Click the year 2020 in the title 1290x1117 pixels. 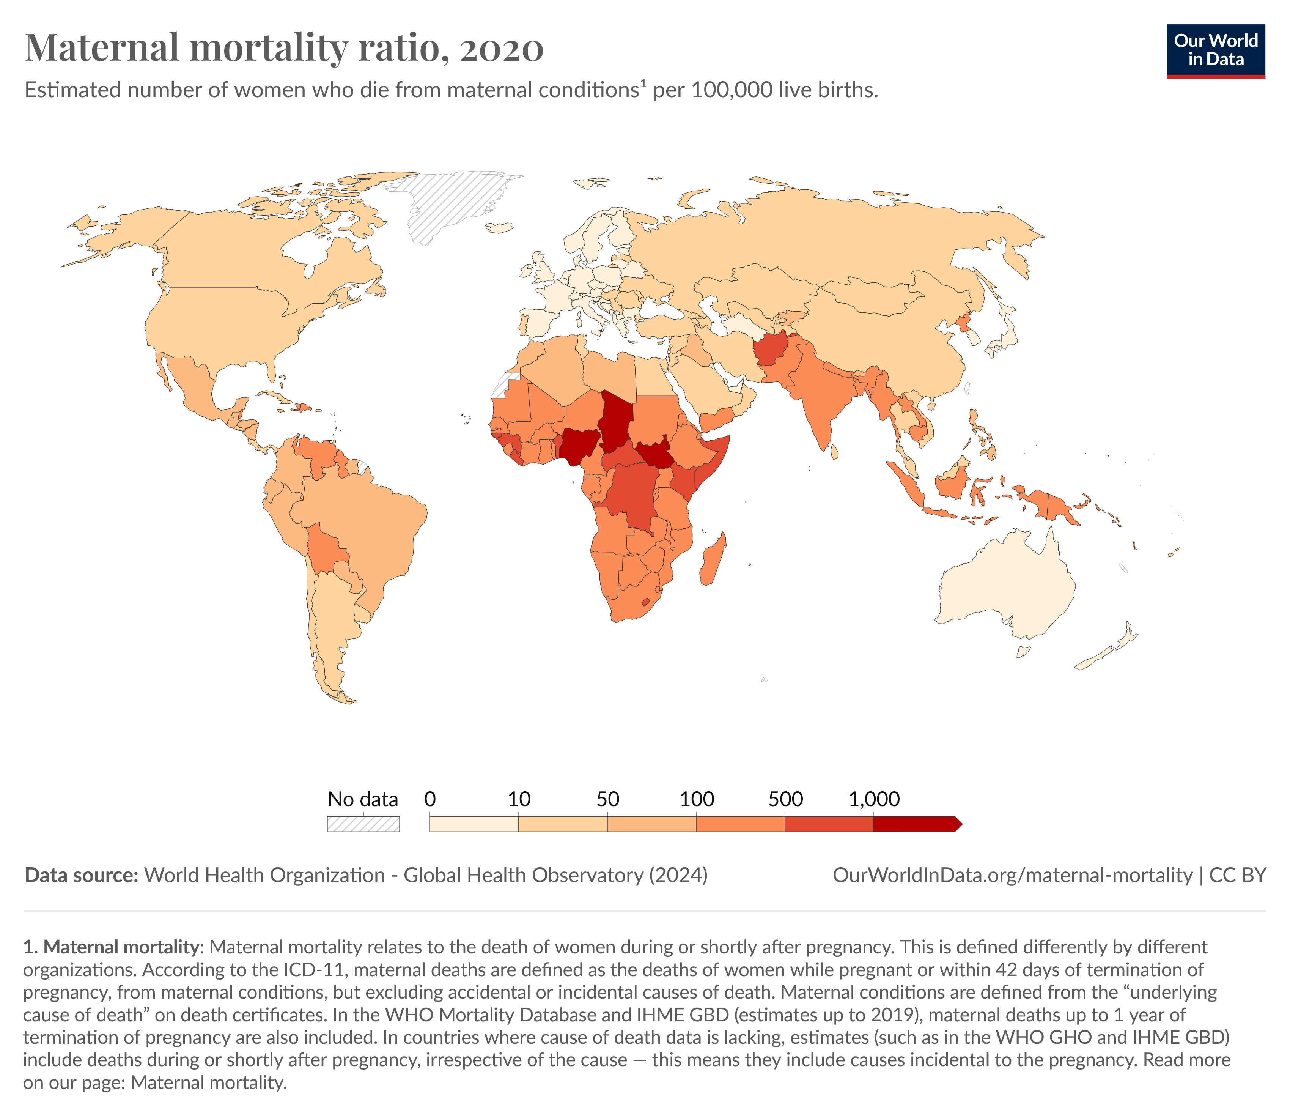tap(502, 49)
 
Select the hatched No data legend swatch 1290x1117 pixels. tap(363, 824)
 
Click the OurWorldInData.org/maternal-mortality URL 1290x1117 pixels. tap(1012, 875)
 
